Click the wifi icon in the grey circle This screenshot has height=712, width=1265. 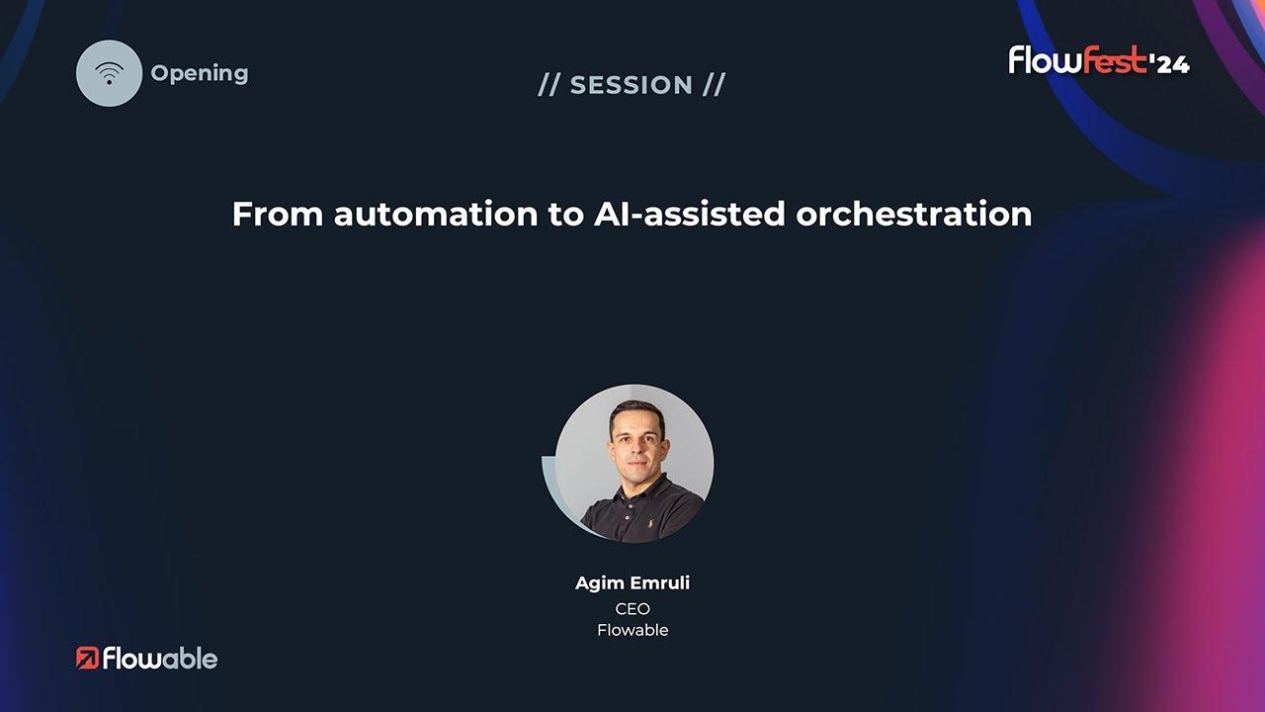click(109, 73)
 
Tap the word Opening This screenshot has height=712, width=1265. click(200, 73)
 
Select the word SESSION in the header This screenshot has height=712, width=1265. click(632, 85)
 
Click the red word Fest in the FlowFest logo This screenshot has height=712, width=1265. click(1116, 60)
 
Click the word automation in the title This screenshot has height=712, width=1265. click(436, 215)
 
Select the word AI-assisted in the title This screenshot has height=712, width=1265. click(689, 215)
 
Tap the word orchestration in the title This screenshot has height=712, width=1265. click(914, 215)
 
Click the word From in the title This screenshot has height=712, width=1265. click(278, 215)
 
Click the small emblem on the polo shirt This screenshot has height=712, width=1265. click(650, 523)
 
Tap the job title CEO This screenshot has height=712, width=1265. click(632, 609)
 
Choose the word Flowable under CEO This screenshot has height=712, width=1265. click(632, 630)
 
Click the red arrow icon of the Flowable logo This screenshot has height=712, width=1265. click(88, 659)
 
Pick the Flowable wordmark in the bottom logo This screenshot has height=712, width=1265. click(160, 659)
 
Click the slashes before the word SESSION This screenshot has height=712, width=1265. click(548, 85)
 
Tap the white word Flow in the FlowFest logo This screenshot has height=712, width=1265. click(1046, 60)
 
